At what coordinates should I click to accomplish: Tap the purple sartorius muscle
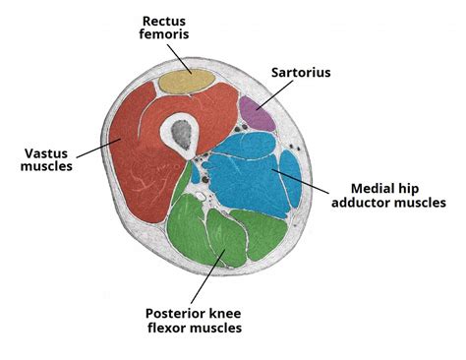[258, 113]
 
